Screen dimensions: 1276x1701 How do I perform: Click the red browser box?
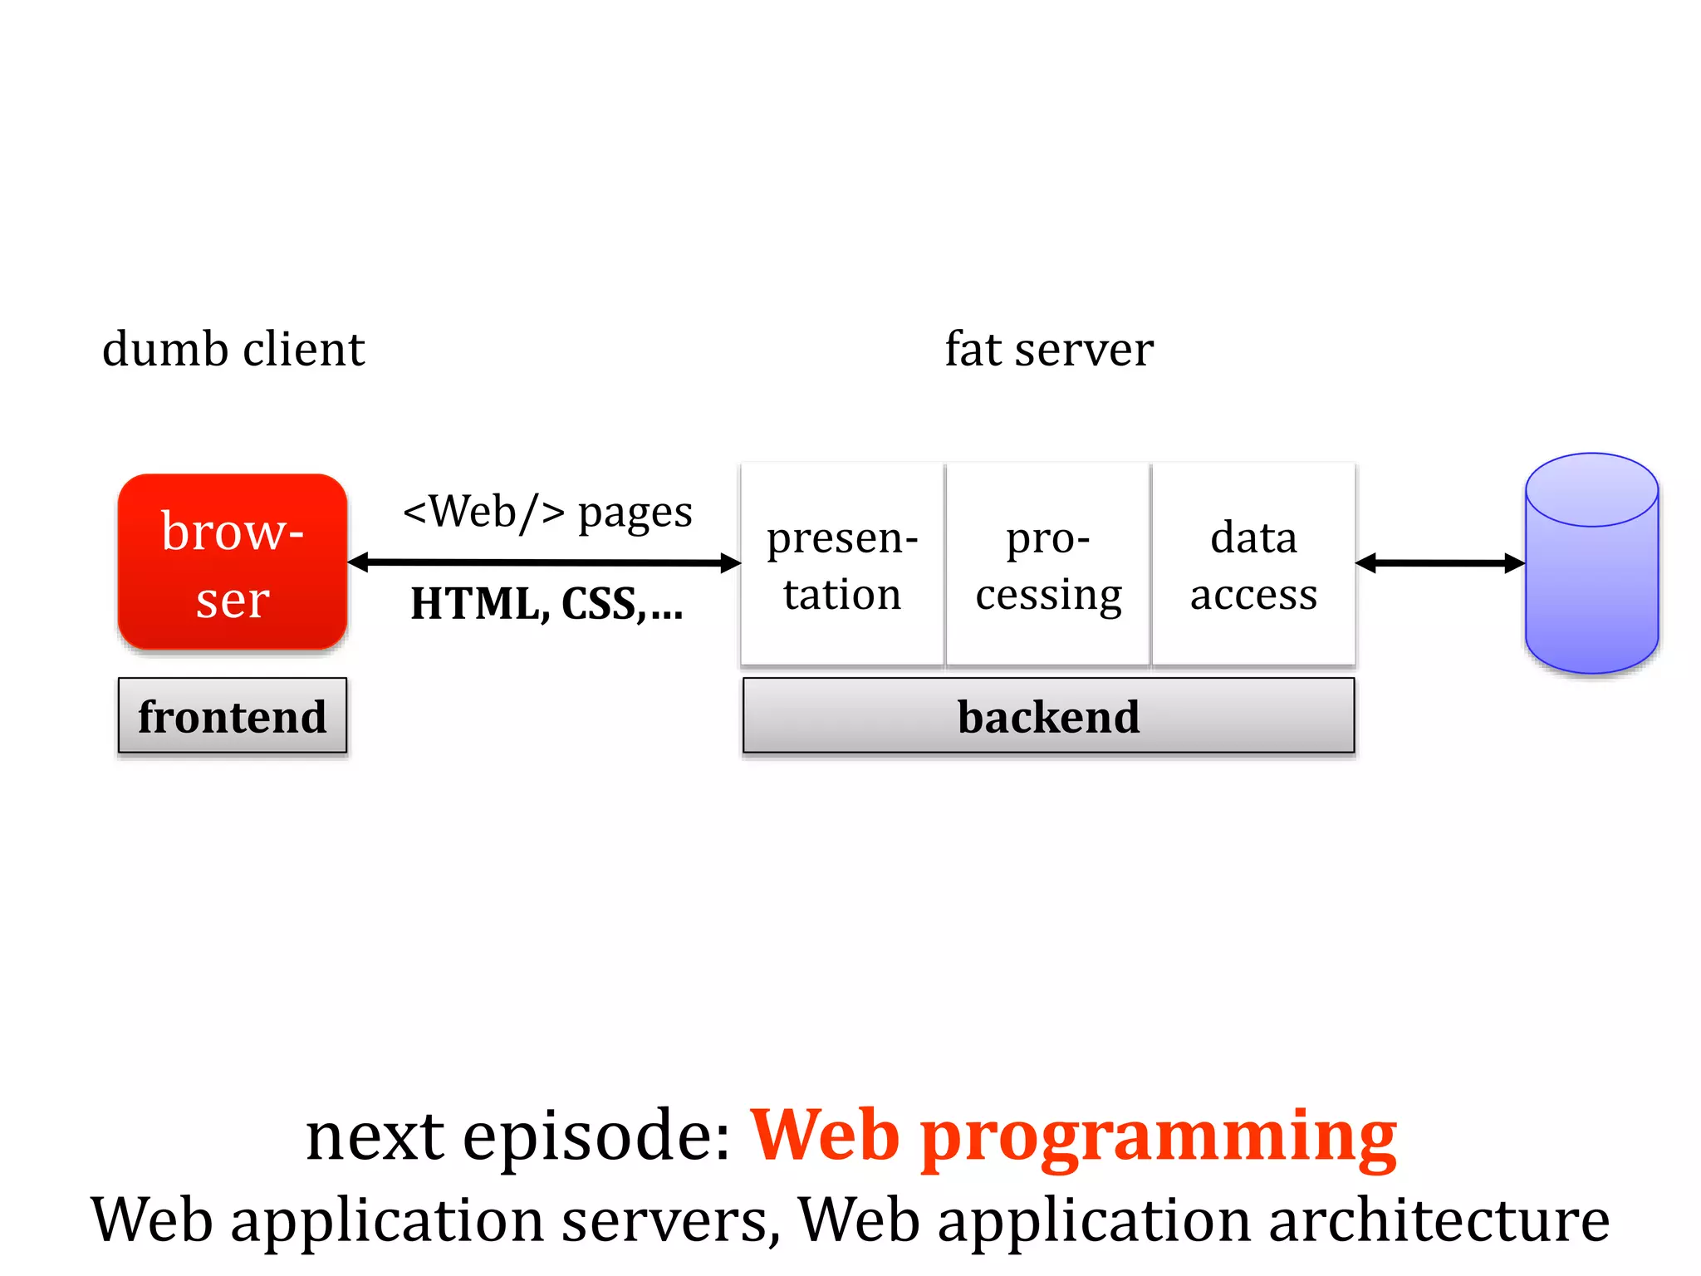click(233, 562)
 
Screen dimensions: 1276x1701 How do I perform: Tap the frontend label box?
click(233, 716)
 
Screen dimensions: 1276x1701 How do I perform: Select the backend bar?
click(1048, 716)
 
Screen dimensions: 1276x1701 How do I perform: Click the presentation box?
click(842, 565)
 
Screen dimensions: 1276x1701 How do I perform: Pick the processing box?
click(1048, 565)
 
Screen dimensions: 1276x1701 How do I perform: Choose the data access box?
click(1253, 565)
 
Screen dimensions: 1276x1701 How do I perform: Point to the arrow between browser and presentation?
click(544, 563)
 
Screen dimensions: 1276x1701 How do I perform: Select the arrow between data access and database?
click(1440, 563)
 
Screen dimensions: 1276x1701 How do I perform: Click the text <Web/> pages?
click(547, 512)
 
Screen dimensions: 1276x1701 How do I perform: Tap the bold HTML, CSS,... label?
click(547, 604)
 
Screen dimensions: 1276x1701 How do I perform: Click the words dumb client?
click(233, 349)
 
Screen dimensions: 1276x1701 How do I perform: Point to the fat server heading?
click(1049, 349)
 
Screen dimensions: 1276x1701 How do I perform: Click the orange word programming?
click(1159, 1138)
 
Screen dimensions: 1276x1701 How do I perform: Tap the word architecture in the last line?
click(1439, 1220)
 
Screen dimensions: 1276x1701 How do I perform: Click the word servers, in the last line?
click(671, 1220)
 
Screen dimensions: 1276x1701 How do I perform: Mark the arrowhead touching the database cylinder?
click(1514, 563)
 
